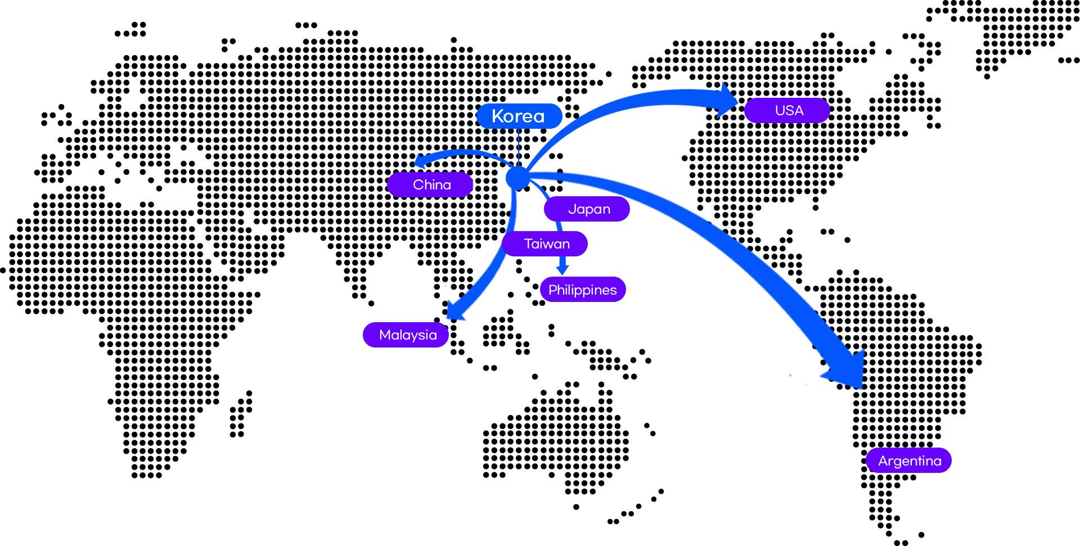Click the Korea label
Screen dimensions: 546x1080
(519, 116)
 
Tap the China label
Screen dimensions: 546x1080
(430, 184)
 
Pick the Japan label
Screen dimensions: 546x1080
(587, 209)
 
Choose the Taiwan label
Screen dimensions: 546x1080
(545, 243)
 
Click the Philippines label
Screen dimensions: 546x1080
(583, 290)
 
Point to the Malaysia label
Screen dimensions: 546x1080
(406, 335)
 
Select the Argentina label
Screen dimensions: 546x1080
(908, 461)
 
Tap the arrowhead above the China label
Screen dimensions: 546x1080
(420, 161)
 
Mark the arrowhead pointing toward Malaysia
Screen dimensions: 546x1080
(455, 310)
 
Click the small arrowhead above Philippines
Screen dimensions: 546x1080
(562, 268)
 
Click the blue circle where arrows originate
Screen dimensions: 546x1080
(517, 178)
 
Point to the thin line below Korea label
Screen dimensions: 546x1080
(519, 146)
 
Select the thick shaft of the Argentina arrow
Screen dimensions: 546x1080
(703, 225)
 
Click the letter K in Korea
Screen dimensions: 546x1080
(498, 116)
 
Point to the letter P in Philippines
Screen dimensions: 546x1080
(552, 290)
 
